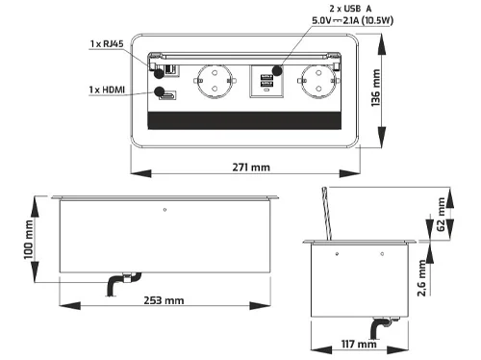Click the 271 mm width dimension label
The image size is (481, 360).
pos(251,167)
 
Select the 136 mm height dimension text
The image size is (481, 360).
pos(375,88)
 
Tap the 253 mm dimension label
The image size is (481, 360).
pos(164,300)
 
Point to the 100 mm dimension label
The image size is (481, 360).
pos(28,240)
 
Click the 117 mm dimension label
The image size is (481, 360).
pos(359,345)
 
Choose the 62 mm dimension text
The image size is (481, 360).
pos(442,214)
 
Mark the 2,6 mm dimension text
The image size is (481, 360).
pos(421,278)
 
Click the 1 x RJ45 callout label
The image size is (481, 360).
pos(107,43)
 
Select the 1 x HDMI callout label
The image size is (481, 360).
pos(107,90)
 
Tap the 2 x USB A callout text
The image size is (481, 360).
pos(350,9)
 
